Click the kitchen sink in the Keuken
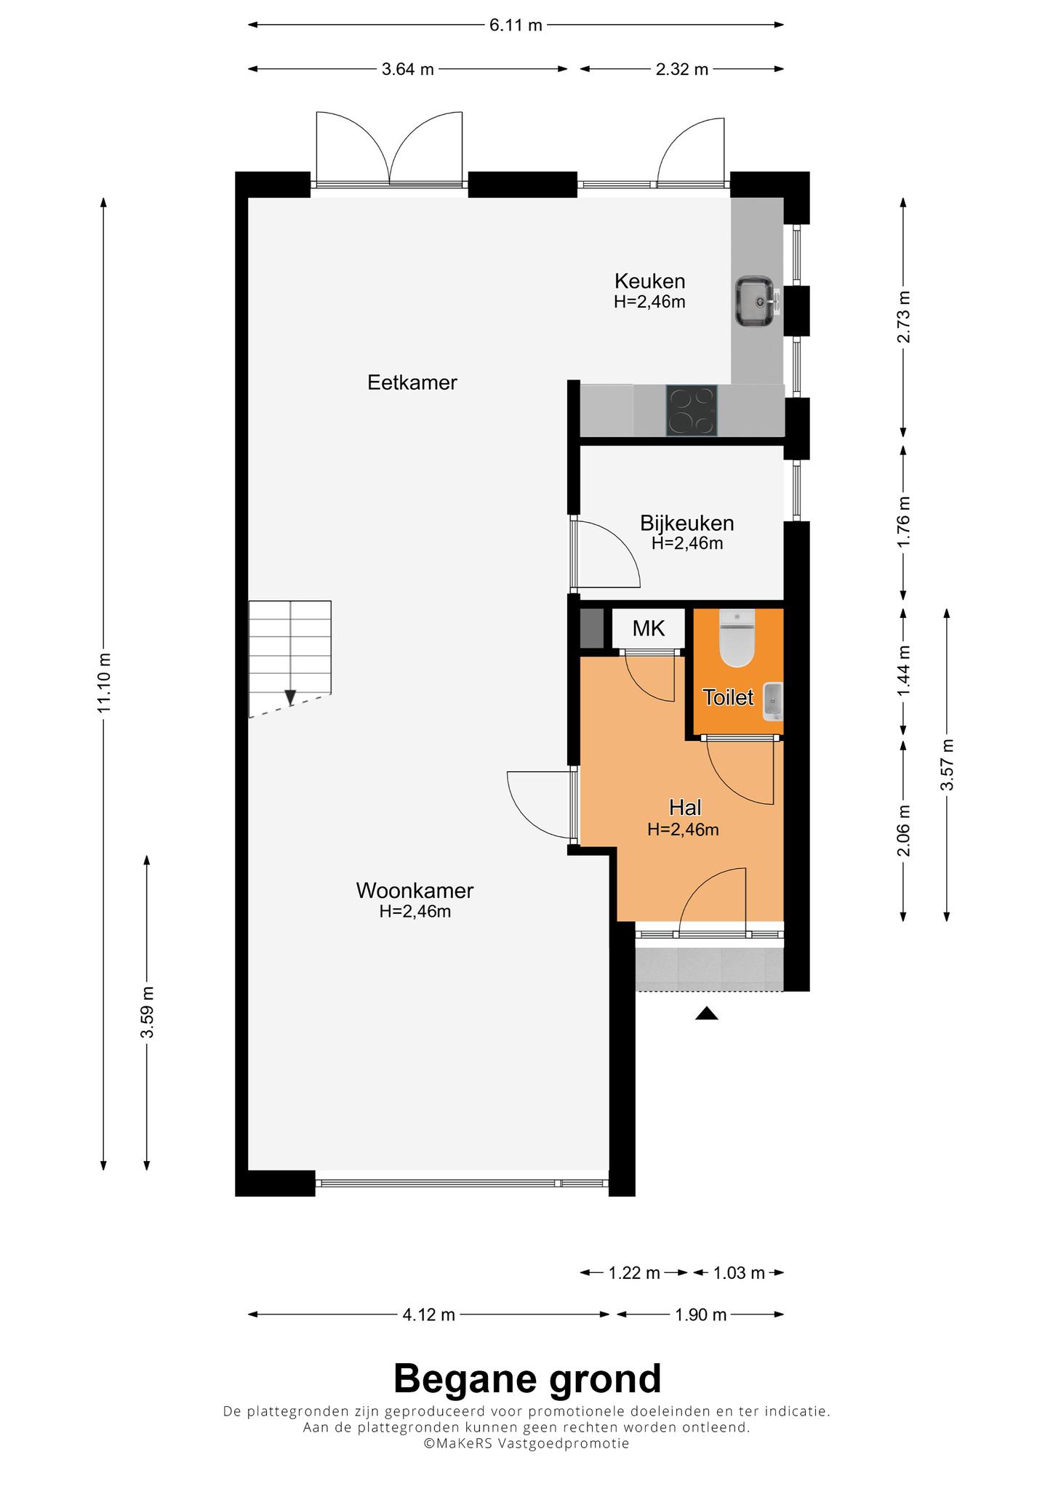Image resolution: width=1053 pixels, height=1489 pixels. (756, 301)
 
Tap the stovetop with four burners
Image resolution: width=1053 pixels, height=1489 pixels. (692, 411)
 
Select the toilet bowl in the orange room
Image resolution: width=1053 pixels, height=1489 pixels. (737, 638)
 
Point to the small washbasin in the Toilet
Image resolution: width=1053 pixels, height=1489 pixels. (772, 702)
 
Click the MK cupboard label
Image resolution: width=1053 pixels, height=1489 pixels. (649, 628)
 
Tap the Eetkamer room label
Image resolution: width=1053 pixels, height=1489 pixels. (412, 382)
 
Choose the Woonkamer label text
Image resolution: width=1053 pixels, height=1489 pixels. (415, 890)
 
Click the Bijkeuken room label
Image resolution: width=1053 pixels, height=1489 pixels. (687, 523)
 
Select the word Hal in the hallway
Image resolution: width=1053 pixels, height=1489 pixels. (685, 807)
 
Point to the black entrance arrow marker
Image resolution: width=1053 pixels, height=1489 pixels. (706, 1014)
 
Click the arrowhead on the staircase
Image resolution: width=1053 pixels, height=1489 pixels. (290, 697)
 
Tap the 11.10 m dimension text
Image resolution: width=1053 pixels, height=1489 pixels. (104, 683)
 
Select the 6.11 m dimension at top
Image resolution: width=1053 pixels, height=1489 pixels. (516, 25)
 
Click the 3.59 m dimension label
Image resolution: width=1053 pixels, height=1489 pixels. (148, 1013)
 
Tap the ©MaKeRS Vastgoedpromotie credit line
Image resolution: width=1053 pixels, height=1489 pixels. (526, 1443)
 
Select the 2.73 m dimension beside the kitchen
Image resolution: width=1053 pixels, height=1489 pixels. (903, 316)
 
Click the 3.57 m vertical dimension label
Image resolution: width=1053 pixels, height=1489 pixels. (947, 765)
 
